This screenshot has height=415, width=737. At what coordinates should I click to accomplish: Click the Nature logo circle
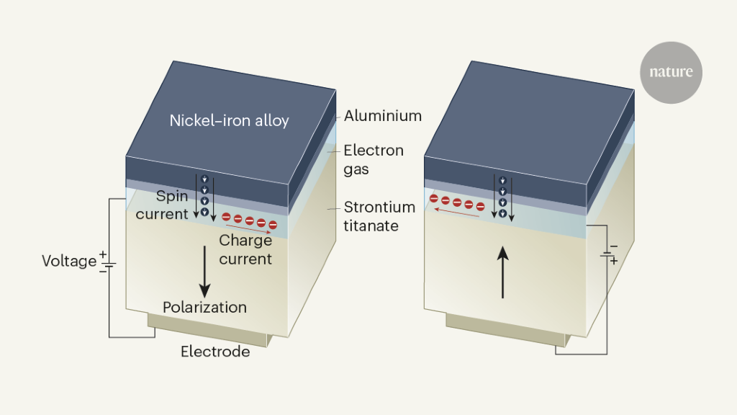click(671, 72)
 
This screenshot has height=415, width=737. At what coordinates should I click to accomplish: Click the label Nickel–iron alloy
click(229, 120)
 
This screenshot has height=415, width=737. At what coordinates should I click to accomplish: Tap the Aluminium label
click(382, 115)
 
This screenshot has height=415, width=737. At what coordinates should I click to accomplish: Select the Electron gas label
click(373, 159)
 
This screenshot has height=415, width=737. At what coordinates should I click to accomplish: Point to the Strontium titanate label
click(379, 216)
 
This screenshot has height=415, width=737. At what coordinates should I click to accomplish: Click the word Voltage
click(69, 261)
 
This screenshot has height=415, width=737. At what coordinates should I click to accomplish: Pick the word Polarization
click(204, 308)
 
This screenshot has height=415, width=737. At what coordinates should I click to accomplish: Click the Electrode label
click(215, 352)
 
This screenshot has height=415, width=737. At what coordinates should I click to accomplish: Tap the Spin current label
click(172, 205)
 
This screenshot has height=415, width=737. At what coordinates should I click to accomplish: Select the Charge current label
click(245, 249)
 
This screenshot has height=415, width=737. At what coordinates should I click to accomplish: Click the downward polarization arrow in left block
click(205, 270)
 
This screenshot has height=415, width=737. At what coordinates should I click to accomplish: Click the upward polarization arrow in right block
click(503, 271)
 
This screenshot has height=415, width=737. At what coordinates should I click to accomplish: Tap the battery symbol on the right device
click(607, 253)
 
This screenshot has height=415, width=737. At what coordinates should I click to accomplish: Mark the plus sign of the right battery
click(614, 262)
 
